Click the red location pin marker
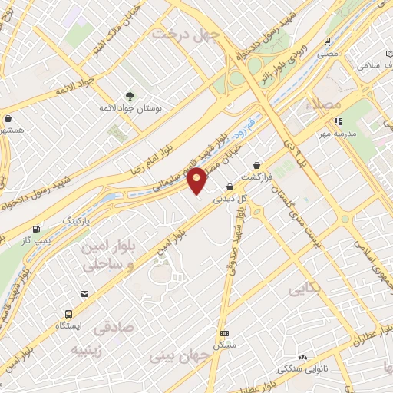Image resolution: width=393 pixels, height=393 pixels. pyautogui.click(x=197, y=180)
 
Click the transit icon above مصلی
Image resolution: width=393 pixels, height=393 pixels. pyautogui.click(x=328, y=41)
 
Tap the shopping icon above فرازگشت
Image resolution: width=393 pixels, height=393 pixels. pyautogui.click(x=256, y=165)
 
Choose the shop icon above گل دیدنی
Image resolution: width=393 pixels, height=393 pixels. pyautogui.click(x=230, y=187)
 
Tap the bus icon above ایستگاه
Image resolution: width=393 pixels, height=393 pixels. pyautogui.click(x=68, y=314)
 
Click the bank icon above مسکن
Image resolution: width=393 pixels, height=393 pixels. pyautogui.click(x=223, y=333)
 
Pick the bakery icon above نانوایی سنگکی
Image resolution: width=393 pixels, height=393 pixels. pyautogui.click(x=302, y=358)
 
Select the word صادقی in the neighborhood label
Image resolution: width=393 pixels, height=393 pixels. pyautogui.click(x=113, y=328)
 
